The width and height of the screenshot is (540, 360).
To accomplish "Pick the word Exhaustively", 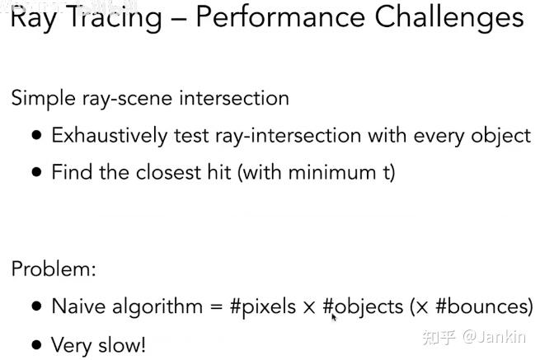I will pyautogui.click(x=110, y=136).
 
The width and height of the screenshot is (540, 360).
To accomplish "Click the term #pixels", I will pyautogui.click(x=262, y=307).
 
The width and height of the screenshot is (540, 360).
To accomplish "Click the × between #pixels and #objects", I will pyautogui.click(x=309, y=308).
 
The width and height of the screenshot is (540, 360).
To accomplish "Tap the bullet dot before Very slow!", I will pyautogui.click(x=36, y=344).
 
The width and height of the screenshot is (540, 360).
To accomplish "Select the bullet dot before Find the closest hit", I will pyautogui.click(x=36, y=172).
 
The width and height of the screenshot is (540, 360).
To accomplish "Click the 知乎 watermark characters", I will pyautogui.click(x=437, y=336).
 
